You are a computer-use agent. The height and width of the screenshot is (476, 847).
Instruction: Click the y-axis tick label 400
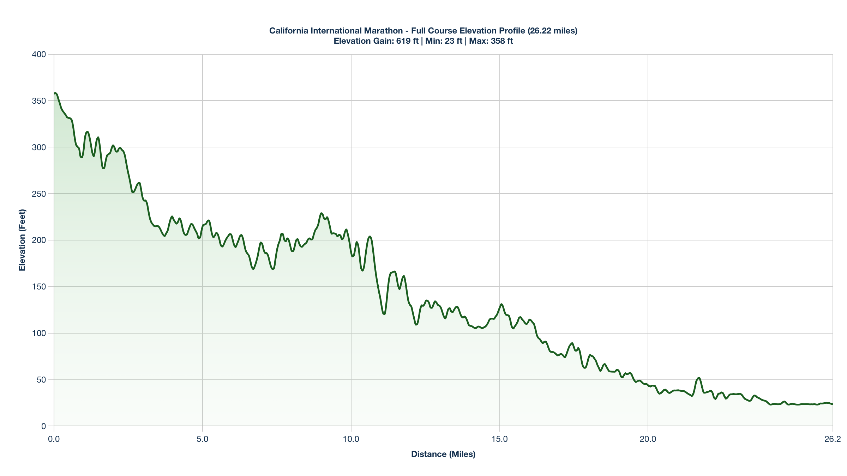click(39, 54)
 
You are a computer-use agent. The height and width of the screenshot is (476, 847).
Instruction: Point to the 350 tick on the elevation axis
click(39, 101)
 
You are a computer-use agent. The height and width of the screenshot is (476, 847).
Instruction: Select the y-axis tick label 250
click(39, 194)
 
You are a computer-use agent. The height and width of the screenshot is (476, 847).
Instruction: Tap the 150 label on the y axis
click(39, 287)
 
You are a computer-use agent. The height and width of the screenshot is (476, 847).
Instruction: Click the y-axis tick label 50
click(42, 380)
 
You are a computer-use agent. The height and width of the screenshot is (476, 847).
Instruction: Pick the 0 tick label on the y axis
click(44, 426)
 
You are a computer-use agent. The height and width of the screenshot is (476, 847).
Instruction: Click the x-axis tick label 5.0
click(203, 439)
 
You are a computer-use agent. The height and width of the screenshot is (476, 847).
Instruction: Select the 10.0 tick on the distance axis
click(351, 439)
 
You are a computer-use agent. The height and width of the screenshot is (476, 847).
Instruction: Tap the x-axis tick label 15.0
click(500, 439)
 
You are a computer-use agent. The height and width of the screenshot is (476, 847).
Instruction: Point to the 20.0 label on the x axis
click(648, 439)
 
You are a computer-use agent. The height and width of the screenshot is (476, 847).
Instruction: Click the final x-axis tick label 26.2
click(833, 439)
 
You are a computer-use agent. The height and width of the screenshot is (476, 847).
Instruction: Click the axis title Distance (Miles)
click(443, 454)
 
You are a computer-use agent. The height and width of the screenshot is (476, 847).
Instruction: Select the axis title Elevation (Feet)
click(22, 240)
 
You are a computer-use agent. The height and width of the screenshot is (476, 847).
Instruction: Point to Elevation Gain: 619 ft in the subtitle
click(376, 41)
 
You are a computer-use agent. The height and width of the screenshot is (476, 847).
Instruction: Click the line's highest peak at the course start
click(55, 93)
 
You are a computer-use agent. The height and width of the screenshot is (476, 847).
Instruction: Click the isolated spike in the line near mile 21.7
click(699, 378)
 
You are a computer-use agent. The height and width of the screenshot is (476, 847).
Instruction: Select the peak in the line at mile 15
click(501, 304)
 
